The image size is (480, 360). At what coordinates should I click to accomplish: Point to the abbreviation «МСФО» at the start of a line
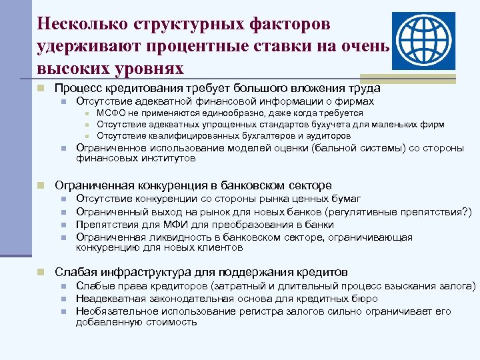click(x=111, y=113)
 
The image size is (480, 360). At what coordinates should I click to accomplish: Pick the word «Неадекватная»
click(x=111, y=299)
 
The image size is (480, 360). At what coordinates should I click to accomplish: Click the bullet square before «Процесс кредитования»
click(x=41, y=88)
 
